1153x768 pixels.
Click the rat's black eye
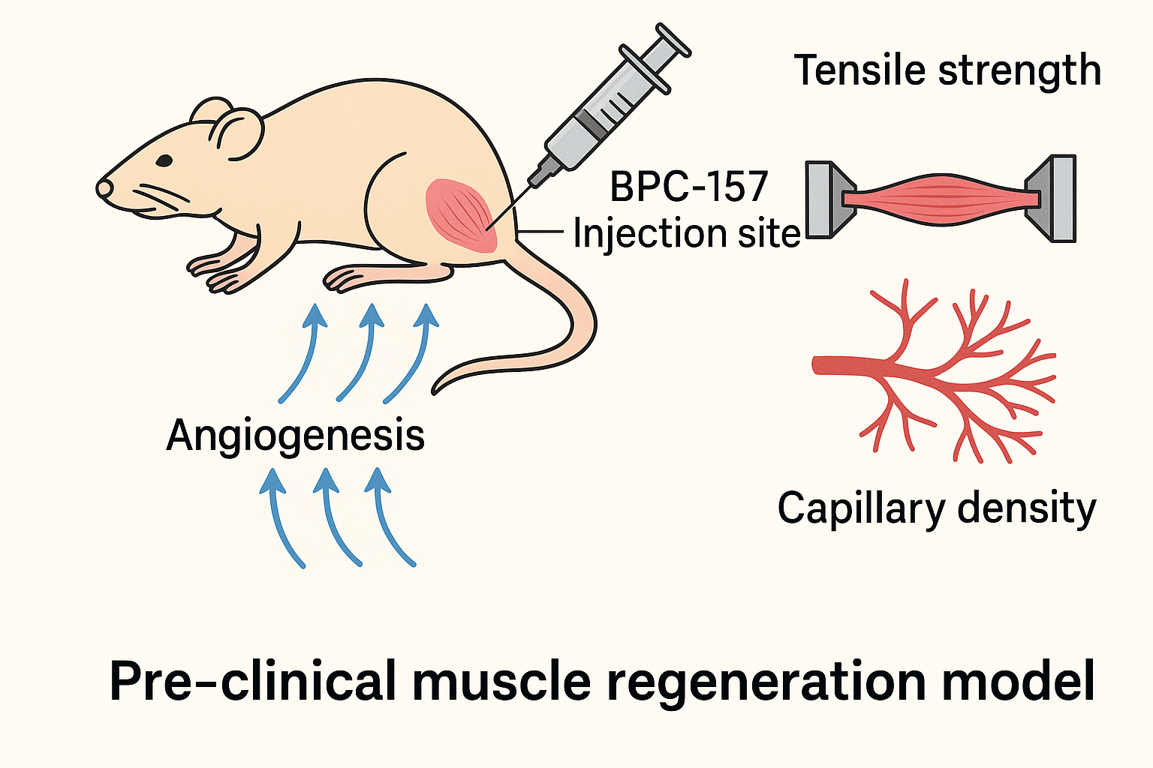[x=164, y=160]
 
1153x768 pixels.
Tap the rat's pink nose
[x=103, y=187]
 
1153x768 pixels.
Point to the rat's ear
[x=239, y=133]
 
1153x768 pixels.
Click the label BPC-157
[x=689, y=187]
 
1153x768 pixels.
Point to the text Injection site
[x=687, y=234]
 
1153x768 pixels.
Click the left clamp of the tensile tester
[x=826, y=199]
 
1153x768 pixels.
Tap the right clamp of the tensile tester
[x=1055, y=198]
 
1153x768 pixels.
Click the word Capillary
[x=859, y=509]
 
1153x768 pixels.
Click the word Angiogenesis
[x=295, y=436]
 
